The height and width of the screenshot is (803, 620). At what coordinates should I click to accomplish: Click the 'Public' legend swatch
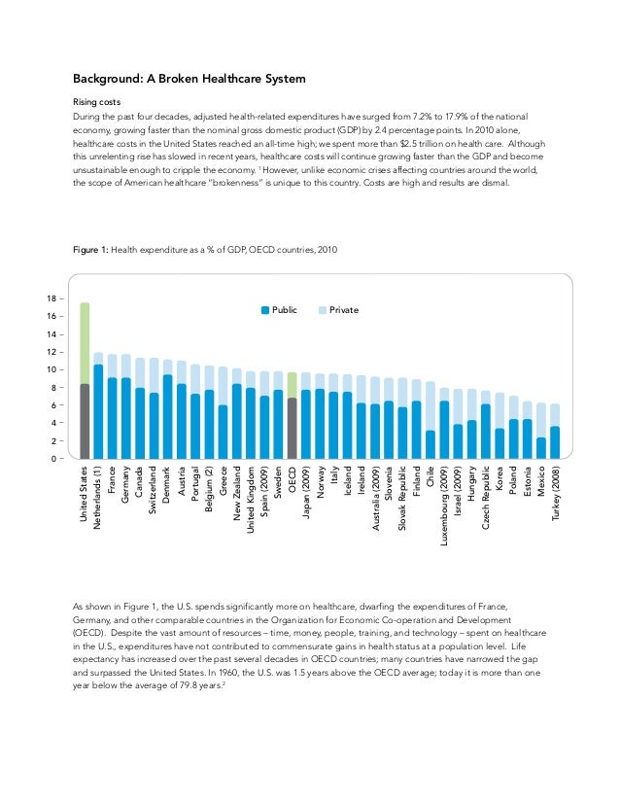pos(265,309)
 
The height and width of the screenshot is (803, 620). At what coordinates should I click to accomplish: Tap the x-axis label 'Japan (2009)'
pos(306,498)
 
